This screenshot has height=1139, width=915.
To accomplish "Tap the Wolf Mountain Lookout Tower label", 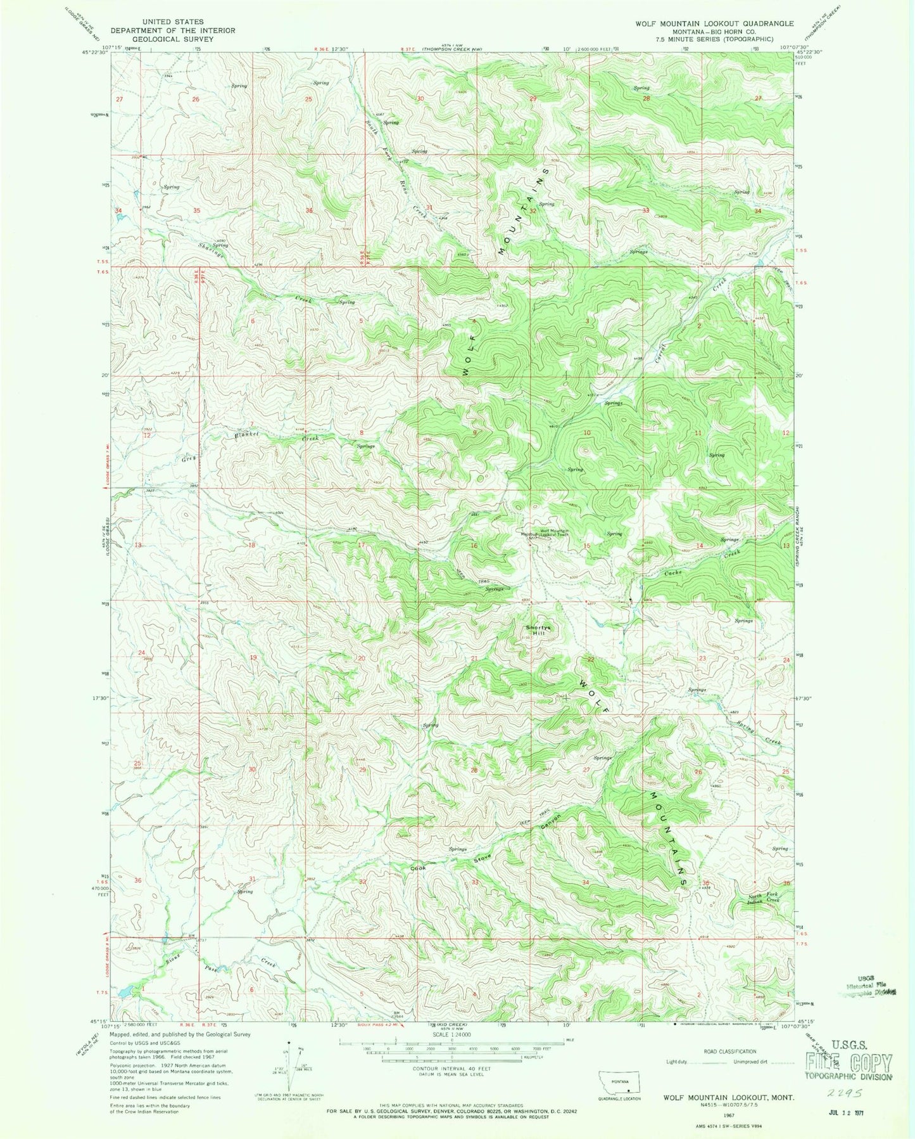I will (546, 533).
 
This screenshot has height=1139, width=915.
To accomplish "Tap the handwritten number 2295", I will (859, 1093).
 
